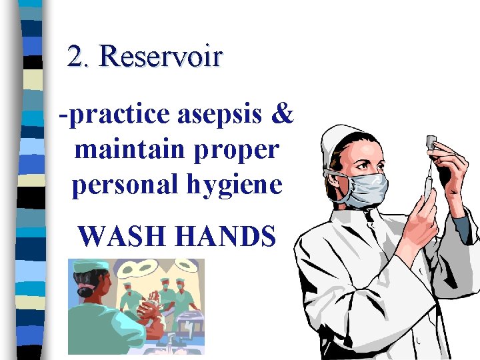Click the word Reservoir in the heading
pos(161,57)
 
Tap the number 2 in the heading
pos(75,57)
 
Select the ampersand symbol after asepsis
pos(283,114)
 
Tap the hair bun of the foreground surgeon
pos(85,291)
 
